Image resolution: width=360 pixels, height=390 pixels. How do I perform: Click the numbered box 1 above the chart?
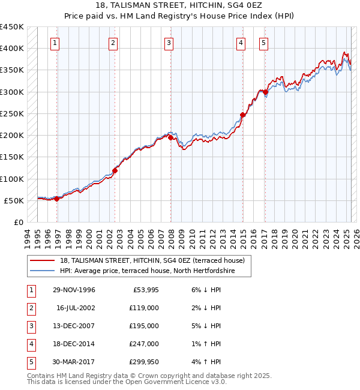pos(55,42)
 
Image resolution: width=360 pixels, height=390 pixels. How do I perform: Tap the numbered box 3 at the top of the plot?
pos(169,42)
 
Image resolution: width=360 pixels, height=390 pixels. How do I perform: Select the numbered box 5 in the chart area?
pos(263,42)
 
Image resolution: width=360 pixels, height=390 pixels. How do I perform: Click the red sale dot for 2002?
pos(115,170)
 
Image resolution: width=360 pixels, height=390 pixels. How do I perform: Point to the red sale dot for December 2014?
pos(243,115)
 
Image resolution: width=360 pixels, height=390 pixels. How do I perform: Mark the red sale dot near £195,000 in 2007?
pos(171,137)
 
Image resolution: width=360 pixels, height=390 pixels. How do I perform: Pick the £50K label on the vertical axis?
pos(14,200)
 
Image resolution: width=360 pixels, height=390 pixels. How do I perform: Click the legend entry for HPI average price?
pos(147,271)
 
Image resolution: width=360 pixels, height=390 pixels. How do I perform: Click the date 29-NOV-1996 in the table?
pos(74,290)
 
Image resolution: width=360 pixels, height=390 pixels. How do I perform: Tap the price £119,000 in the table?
pos(144,308)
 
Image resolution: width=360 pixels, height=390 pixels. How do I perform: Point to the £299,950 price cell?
pos(144,362)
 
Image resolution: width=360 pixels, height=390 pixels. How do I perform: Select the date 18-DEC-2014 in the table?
pos(74,344)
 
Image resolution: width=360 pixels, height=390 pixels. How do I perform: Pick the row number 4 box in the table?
pos(31,344)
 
